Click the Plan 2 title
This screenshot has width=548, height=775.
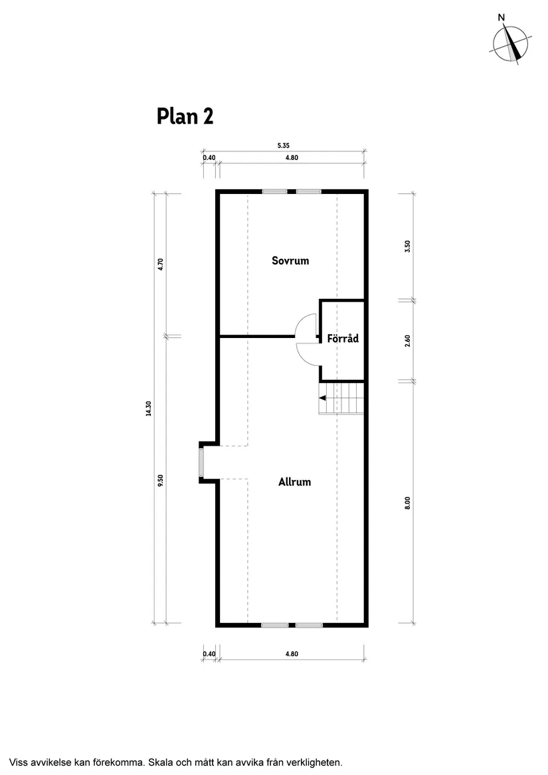[x=185, y=116]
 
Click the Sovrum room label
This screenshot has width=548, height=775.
[x=290, y=260]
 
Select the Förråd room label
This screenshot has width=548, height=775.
[x=343, y=339]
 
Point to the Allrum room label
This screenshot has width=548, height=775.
[x=294, y=481]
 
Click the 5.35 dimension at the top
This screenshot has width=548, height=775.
[x=284, y=145]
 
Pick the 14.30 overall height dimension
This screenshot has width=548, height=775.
[x=149, y=408]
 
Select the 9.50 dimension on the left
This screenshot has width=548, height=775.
[x=160, y=480]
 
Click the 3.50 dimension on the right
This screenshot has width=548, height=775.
[x=408, y=246]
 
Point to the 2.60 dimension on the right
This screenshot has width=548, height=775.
[x=408, y=340]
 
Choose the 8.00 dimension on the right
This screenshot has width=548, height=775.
[x=408, y=503]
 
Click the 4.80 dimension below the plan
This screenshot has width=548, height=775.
[x=292, y=653]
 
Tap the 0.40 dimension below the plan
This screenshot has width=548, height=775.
[x=209, y=653]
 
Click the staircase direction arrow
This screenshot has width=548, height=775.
[x=323, y=398]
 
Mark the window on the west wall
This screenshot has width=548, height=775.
[x=201, y=462]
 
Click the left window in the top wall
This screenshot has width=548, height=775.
[x=274, y=192]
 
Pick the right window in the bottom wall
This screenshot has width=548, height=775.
[x=309, y=625]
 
